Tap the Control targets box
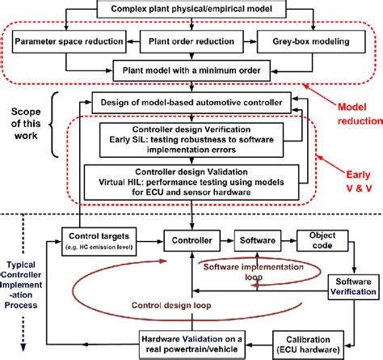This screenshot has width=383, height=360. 98,239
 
